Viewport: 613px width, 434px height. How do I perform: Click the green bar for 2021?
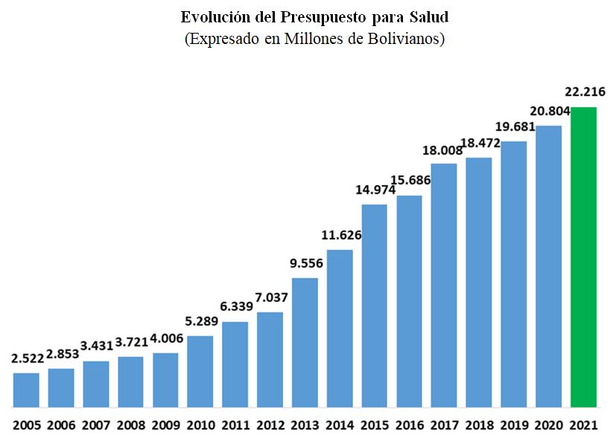(x=583, y=257)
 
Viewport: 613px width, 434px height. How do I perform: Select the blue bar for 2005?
(x=26, y=390)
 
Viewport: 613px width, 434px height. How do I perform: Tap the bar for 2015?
(x=375, y=306)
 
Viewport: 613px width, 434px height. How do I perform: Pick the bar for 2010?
(x=200, y=371)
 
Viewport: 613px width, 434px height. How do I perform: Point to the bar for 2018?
(x=479, y=283)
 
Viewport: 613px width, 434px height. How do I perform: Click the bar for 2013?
(x=305, y=342)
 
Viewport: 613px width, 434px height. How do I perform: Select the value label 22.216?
(x=585, y=93)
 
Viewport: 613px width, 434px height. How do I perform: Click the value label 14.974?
(x=375, y=189)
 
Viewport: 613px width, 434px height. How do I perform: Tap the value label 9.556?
(x=305, y=263)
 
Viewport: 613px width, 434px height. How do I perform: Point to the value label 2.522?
(x=27, y=359)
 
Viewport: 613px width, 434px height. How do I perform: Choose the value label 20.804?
(x=548, y=110)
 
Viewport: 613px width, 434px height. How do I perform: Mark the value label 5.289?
(x=200, y=322)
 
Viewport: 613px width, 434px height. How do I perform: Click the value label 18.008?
(x=444, y=149)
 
